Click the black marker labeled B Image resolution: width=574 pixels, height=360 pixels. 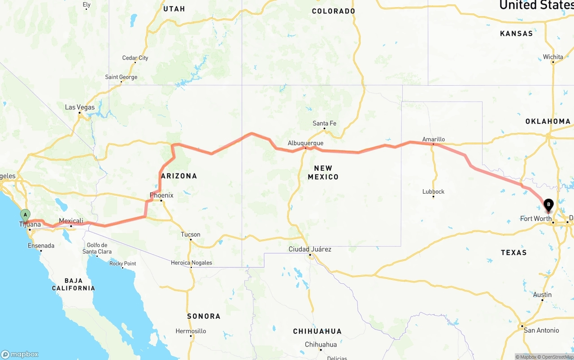pos(548,205)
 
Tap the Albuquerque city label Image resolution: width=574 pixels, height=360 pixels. pos(305,143)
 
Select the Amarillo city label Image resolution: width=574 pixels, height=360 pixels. pos(433,139)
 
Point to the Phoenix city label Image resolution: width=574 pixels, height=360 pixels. pos(161,195)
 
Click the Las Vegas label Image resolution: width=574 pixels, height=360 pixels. pos(80,107)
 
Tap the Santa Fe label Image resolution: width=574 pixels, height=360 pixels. pos(324,123)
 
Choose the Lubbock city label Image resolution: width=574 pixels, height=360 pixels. pos(433,191)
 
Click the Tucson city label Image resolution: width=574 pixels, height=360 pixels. pos(191,234)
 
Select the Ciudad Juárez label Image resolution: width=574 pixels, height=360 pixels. pos(310,249)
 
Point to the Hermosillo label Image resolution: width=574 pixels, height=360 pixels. pos(191,331)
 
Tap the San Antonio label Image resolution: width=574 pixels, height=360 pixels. pos(541,330)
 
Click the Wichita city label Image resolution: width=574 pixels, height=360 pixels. pos(552,57)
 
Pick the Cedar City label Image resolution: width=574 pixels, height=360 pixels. pos(135,58)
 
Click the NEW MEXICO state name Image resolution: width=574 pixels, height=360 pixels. pos(323,172)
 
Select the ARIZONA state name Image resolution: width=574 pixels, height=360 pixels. pos(179,176)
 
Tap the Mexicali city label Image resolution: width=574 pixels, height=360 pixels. pos(71,221)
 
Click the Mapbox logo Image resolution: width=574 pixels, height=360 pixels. pos(20,354)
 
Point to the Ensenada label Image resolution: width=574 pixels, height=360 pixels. pos(41,246)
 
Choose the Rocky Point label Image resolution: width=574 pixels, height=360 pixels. pos(122,263)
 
